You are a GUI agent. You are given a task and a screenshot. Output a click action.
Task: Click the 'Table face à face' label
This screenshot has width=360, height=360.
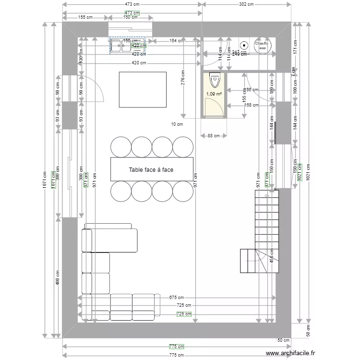tap(151, 169)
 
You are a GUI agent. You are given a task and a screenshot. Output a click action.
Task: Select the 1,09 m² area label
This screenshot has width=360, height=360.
tap(214, 94)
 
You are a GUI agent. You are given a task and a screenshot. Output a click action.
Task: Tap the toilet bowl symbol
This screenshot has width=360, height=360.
tap(214, 79)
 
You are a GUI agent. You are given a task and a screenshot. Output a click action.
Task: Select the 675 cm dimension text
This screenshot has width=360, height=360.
tap(176, 298)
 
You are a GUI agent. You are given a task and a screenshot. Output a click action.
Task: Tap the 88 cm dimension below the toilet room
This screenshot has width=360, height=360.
tap(214, 136)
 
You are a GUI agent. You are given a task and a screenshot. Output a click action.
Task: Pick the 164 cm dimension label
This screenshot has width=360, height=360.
tap(176, 41)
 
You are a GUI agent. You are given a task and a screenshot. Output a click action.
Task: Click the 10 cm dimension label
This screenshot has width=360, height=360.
tap(177, 124)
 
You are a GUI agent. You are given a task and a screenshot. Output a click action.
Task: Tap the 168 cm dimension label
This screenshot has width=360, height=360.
tap(252, 105)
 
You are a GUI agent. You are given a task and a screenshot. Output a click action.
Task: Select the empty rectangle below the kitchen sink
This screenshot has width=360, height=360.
tap(143, 90)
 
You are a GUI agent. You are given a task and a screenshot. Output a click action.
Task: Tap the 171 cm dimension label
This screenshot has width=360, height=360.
tap(295, 47)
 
